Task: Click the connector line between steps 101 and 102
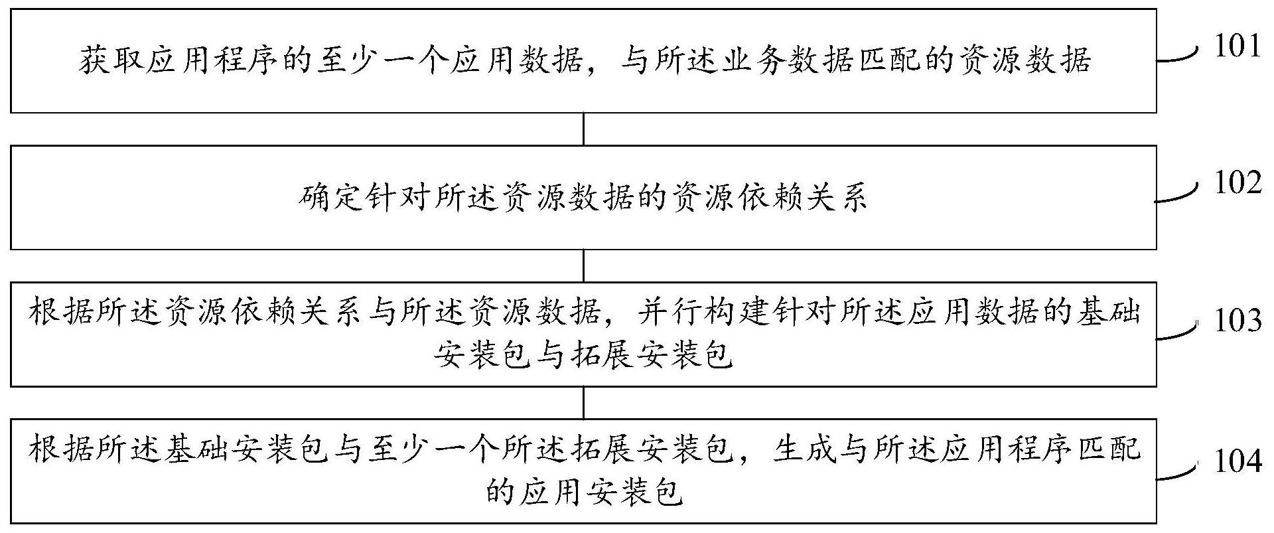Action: (x=583, y=129)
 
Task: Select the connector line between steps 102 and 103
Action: (x=583, y=266)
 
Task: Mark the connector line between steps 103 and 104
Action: (x=583, y=402)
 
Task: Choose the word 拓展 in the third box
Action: (x=602, y=356)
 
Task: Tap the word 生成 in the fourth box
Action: (x=806, y=449)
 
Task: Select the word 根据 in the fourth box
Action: (x=60, y=449)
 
